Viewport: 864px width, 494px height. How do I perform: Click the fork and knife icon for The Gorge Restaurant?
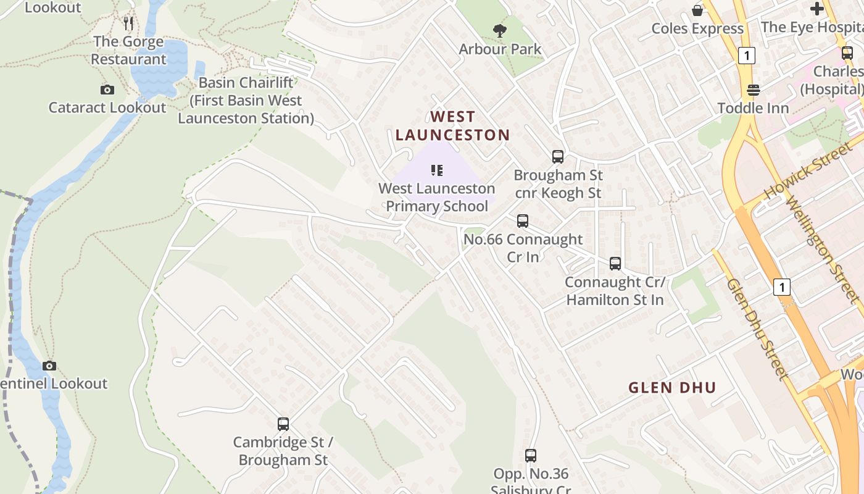(x=128, y=23)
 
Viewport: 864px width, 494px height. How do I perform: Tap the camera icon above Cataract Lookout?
(x=107, y=90)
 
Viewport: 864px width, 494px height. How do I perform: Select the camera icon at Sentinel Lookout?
(x=49, y=366)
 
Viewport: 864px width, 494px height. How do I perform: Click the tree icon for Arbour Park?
(x=500, y=30)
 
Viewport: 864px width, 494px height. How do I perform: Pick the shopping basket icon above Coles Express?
(x=697, y=10)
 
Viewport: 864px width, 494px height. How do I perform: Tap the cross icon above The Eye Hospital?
(x=817, y=9)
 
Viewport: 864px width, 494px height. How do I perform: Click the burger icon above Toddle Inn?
(x=753, y=90)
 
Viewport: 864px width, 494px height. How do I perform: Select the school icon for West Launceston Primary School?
(x=437, y=170)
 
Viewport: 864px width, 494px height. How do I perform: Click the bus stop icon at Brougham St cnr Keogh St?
(x=558, y=157)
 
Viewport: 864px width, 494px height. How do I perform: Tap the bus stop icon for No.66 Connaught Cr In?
(x=523, y=221)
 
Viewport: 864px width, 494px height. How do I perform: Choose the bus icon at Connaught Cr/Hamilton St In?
(x=615, y=264)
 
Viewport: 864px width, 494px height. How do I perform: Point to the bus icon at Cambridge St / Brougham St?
(x=283, y=424)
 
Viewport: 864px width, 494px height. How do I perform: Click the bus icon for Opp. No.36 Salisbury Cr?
(x=531, y=456)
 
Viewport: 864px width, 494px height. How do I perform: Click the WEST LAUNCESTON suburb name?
(x=453, y=126)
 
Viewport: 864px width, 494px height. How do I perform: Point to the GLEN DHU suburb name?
(x=672, y=388)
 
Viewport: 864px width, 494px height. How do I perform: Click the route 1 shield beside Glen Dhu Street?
(x=781, y=287)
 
